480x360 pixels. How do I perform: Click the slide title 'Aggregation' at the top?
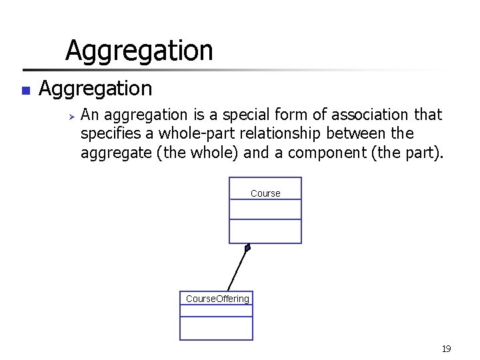(x=139, y=51)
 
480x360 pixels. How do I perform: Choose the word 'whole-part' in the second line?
(x=192, y=134)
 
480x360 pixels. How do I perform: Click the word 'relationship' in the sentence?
(x=283, y=134)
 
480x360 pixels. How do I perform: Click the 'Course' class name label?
(x=265, y=193)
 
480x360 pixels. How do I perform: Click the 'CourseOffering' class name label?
(x=217, y=299)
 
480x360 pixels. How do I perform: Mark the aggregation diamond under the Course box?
(x=247, y=248)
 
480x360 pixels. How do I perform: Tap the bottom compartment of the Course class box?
(x=265, y=231)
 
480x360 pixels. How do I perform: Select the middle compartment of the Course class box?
(x=265, y=209)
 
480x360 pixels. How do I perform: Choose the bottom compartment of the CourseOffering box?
(x=217, y=328)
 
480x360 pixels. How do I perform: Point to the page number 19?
(x=446, y=349)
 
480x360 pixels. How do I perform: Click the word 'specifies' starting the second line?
(x=107, y=134)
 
